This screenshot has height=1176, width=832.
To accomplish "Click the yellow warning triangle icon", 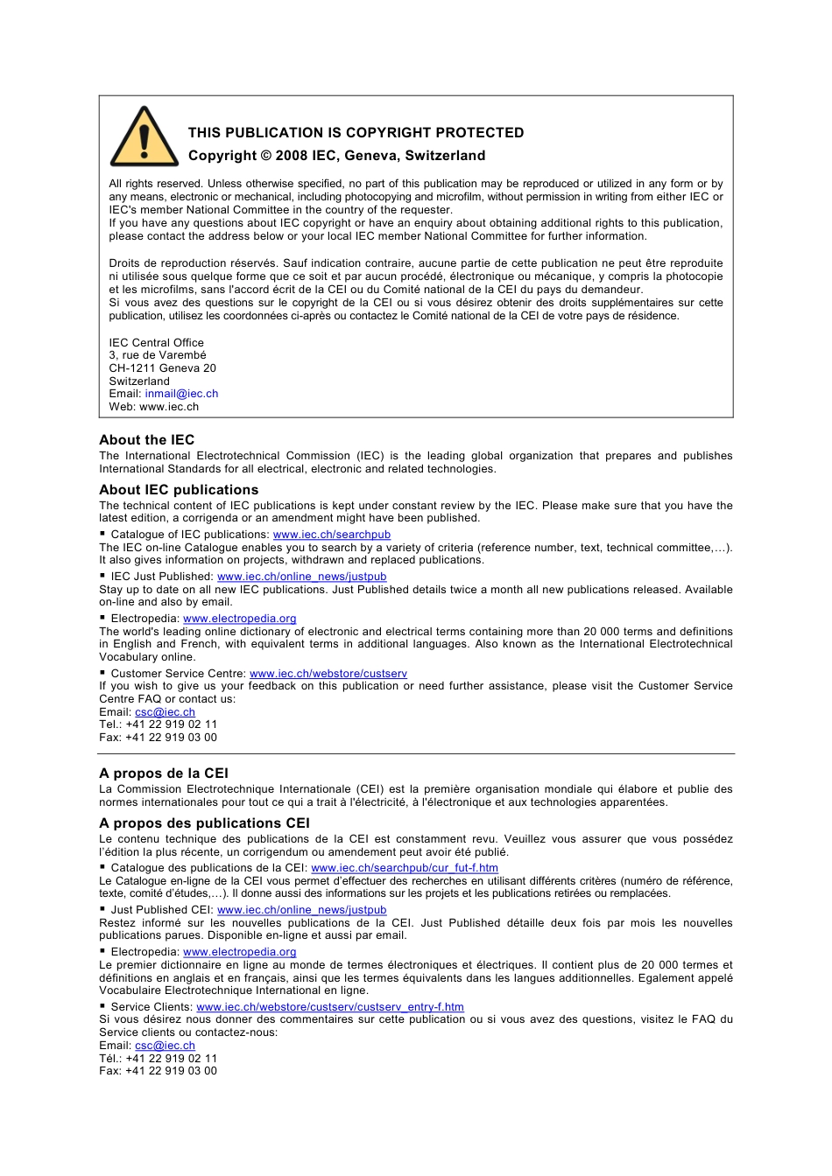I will tap(145, 138).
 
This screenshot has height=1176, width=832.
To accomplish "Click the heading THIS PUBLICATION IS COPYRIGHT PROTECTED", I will tap(356, 133).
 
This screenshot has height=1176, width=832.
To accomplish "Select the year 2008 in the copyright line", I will tap(291, 156).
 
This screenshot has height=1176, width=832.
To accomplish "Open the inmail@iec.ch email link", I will tap(181, 394).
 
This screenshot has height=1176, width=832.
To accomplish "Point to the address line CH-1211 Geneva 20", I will tap(162, 368).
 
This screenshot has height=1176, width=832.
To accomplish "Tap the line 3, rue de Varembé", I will tap(158, 355).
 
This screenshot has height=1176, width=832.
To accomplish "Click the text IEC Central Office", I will tap(156, 343).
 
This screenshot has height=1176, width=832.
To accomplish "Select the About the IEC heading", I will tap(146, 440).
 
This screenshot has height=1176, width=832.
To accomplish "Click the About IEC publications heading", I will tap(179, 490).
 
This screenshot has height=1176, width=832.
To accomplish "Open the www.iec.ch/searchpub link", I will tap(331, 535).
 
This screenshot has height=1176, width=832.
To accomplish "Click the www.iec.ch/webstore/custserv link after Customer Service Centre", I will tap(328, 674).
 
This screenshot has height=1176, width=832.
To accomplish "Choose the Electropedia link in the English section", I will tap(239, 619).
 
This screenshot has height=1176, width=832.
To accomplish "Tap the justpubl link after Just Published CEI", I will tap(301, 910).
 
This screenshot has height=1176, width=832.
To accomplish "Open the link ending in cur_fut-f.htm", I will tap(404, 868).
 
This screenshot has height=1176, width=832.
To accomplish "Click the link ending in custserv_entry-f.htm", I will tap(329, 1007).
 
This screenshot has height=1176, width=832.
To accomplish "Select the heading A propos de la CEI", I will tap(163, 773).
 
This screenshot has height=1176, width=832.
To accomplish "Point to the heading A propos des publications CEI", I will tap(204, 823).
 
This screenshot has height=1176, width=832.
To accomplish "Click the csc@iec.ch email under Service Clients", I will tap(165, 1046).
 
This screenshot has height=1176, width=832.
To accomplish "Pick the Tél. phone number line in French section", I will tap(158, 1059).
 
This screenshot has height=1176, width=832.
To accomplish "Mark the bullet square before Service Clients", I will tap(102, 1006).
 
